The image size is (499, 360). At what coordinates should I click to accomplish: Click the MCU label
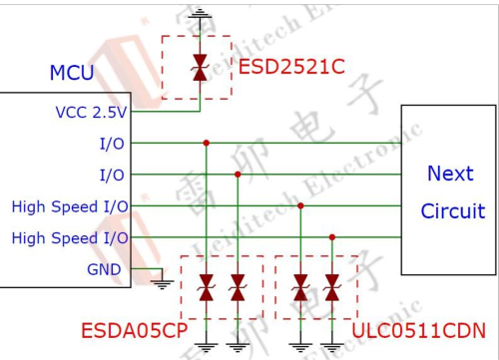click(72, 74)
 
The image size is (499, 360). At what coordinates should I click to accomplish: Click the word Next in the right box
click(450, 174)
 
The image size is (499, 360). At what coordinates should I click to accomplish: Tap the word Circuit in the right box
click(452, 211)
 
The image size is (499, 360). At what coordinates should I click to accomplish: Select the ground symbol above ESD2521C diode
click(199, 12)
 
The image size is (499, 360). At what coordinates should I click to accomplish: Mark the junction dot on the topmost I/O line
click(207, 143)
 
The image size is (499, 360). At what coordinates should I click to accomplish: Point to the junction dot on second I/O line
click(238, 175)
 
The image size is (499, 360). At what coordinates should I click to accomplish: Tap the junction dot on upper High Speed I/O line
click(300, 205)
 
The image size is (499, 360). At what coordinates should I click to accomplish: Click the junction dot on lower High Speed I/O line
click(331, 237)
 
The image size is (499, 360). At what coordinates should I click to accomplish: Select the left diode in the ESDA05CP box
click(207, 289)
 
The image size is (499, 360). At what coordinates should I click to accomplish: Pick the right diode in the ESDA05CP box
click(238, 289)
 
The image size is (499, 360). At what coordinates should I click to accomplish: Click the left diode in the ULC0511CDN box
click(300, 289)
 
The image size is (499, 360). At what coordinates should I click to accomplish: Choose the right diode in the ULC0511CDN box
click(331, 289)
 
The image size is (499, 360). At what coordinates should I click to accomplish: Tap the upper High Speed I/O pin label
click(70, 206)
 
